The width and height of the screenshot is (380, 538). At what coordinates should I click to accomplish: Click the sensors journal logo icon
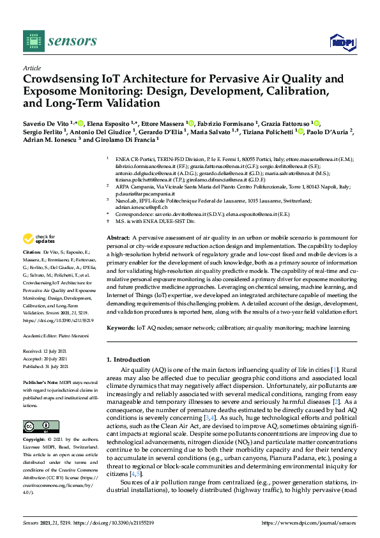tap(32, 42)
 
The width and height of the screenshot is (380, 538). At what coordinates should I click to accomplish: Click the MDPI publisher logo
tap(342, 42)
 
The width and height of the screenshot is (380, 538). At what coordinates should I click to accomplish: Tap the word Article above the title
tap(31, 68)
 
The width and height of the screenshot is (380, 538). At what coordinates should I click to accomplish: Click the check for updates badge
tap(39, 240)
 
